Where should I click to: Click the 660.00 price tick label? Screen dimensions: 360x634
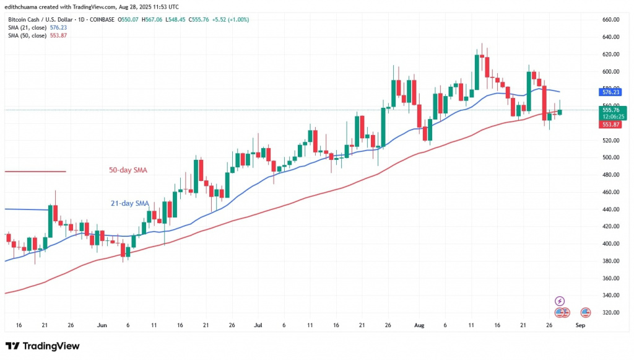coord(611,20)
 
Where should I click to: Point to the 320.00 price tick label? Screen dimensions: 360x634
coord(611,312)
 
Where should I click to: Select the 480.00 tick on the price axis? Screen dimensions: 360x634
coord(611,175)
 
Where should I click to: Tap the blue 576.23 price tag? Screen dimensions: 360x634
coord(611,92)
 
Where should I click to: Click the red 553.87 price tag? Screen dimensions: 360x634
coord(611,125)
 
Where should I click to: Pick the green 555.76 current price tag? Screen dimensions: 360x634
coord(611,110)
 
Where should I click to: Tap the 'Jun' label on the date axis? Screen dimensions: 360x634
coord(102,325)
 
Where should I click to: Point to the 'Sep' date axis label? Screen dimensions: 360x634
coord(580,325)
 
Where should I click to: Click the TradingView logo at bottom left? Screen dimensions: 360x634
coord(42,346)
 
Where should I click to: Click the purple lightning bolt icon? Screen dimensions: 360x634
coord(560,301)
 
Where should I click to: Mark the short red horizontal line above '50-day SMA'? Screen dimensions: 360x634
coord(35,171)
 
